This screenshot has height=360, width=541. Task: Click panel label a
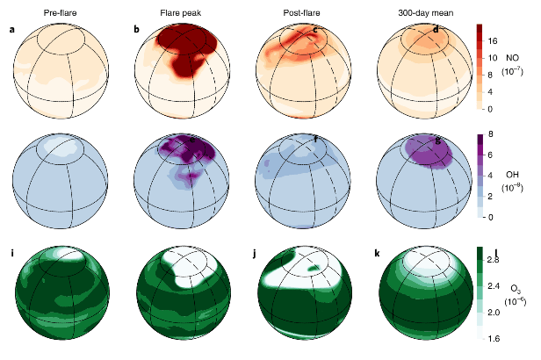[11, 31]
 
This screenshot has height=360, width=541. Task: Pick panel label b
[136, 31]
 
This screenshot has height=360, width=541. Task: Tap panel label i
[11, 253]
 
